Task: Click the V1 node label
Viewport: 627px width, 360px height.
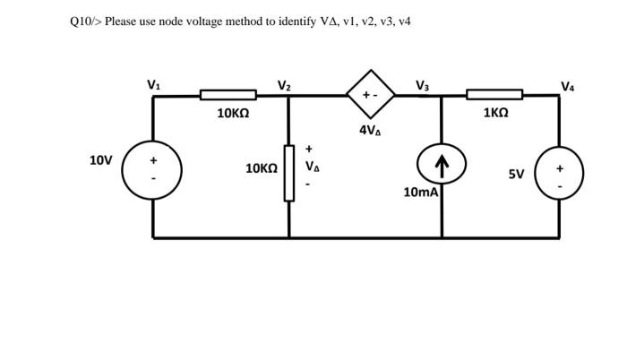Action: (154, 85)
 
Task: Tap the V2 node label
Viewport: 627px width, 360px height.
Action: (283, 86)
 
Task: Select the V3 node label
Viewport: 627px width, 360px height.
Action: (423, 86)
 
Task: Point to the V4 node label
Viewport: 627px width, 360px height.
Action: (568, 87)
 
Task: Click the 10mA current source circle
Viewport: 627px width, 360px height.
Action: (441, 166)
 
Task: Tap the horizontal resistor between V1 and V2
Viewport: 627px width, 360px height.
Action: (228, 95)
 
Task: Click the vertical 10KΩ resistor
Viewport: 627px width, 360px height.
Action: (288, 173)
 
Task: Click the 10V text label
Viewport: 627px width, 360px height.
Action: (101, 160)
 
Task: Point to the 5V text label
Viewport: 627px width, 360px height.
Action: (516, 174)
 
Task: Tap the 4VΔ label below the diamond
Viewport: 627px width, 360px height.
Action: (371, 130)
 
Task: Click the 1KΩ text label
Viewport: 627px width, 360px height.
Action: (495, 114)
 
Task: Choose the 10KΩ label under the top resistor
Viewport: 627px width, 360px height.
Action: (233, 114)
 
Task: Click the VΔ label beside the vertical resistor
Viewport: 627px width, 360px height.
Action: (311, 167)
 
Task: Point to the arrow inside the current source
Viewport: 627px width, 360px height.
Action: (441, 165)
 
